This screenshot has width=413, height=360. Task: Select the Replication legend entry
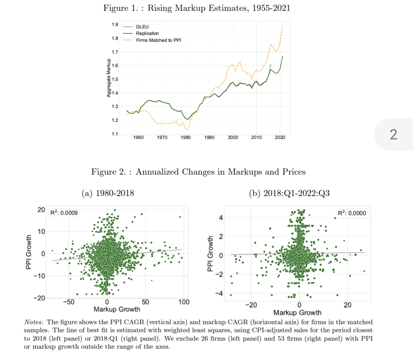pos(147,33)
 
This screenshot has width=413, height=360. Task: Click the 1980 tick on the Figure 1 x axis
pos(186,137)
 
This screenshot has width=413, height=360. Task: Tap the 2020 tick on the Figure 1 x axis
pos(280,137)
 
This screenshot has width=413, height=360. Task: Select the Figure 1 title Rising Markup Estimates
pos(197,8)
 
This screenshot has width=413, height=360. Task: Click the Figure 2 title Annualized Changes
pos(198,172)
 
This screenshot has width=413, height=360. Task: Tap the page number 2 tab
pos(393,134)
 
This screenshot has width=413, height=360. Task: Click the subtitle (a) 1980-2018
pos(108,193)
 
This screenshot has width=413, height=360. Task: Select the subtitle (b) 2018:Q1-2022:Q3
pos(289,193)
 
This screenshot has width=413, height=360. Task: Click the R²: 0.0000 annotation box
pos(352,213)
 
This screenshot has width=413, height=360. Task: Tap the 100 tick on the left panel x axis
pos(184,303)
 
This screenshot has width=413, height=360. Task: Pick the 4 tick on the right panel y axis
pos(220,218)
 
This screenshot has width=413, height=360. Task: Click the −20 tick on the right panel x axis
pos(251,305)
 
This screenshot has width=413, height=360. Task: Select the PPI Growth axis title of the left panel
pos(29,254)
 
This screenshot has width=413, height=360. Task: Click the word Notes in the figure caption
pos(33,322)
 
